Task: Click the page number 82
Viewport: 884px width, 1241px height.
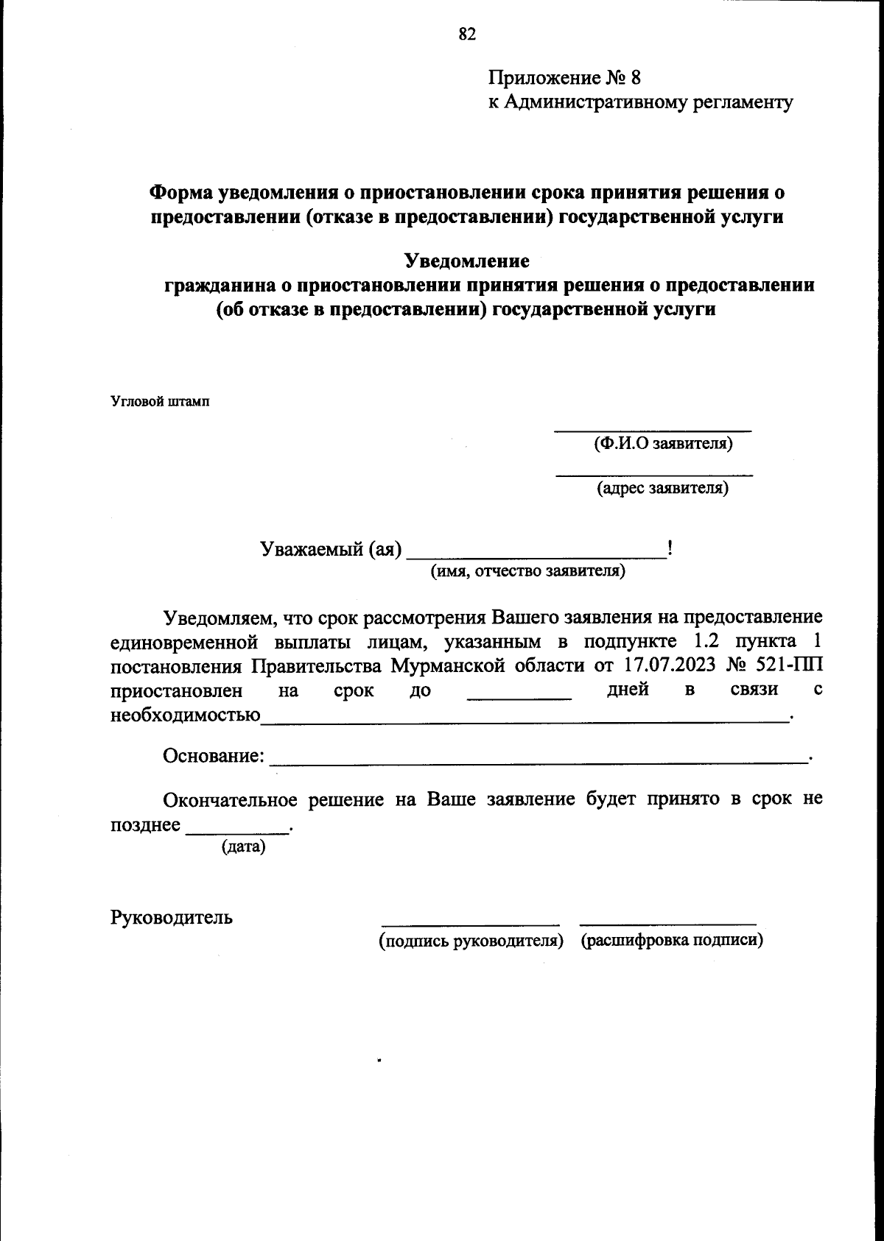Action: pos(467,35)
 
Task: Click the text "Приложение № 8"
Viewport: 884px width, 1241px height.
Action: pos(565,77)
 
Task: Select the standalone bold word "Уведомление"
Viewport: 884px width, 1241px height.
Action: pos(467,261)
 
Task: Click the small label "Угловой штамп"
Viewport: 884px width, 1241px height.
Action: pos(160,402)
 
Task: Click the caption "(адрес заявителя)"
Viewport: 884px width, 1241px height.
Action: pos(662,487)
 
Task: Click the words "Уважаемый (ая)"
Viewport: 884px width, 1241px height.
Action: pos(331,549)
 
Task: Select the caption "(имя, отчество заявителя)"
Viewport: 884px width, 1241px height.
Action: pos(527,571)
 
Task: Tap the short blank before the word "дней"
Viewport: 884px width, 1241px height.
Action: pos(519,694)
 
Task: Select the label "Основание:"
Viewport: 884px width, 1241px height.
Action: pos(214,756)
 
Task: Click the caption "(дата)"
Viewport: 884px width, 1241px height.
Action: pos(243,846)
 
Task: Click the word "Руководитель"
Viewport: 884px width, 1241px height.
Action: pos(172,917)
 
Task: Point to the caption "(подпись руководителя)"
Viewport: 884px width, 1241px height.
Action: pos(471,941)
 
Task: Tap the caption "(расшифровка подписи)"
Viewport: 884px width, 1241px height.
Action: pos(671,941)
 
